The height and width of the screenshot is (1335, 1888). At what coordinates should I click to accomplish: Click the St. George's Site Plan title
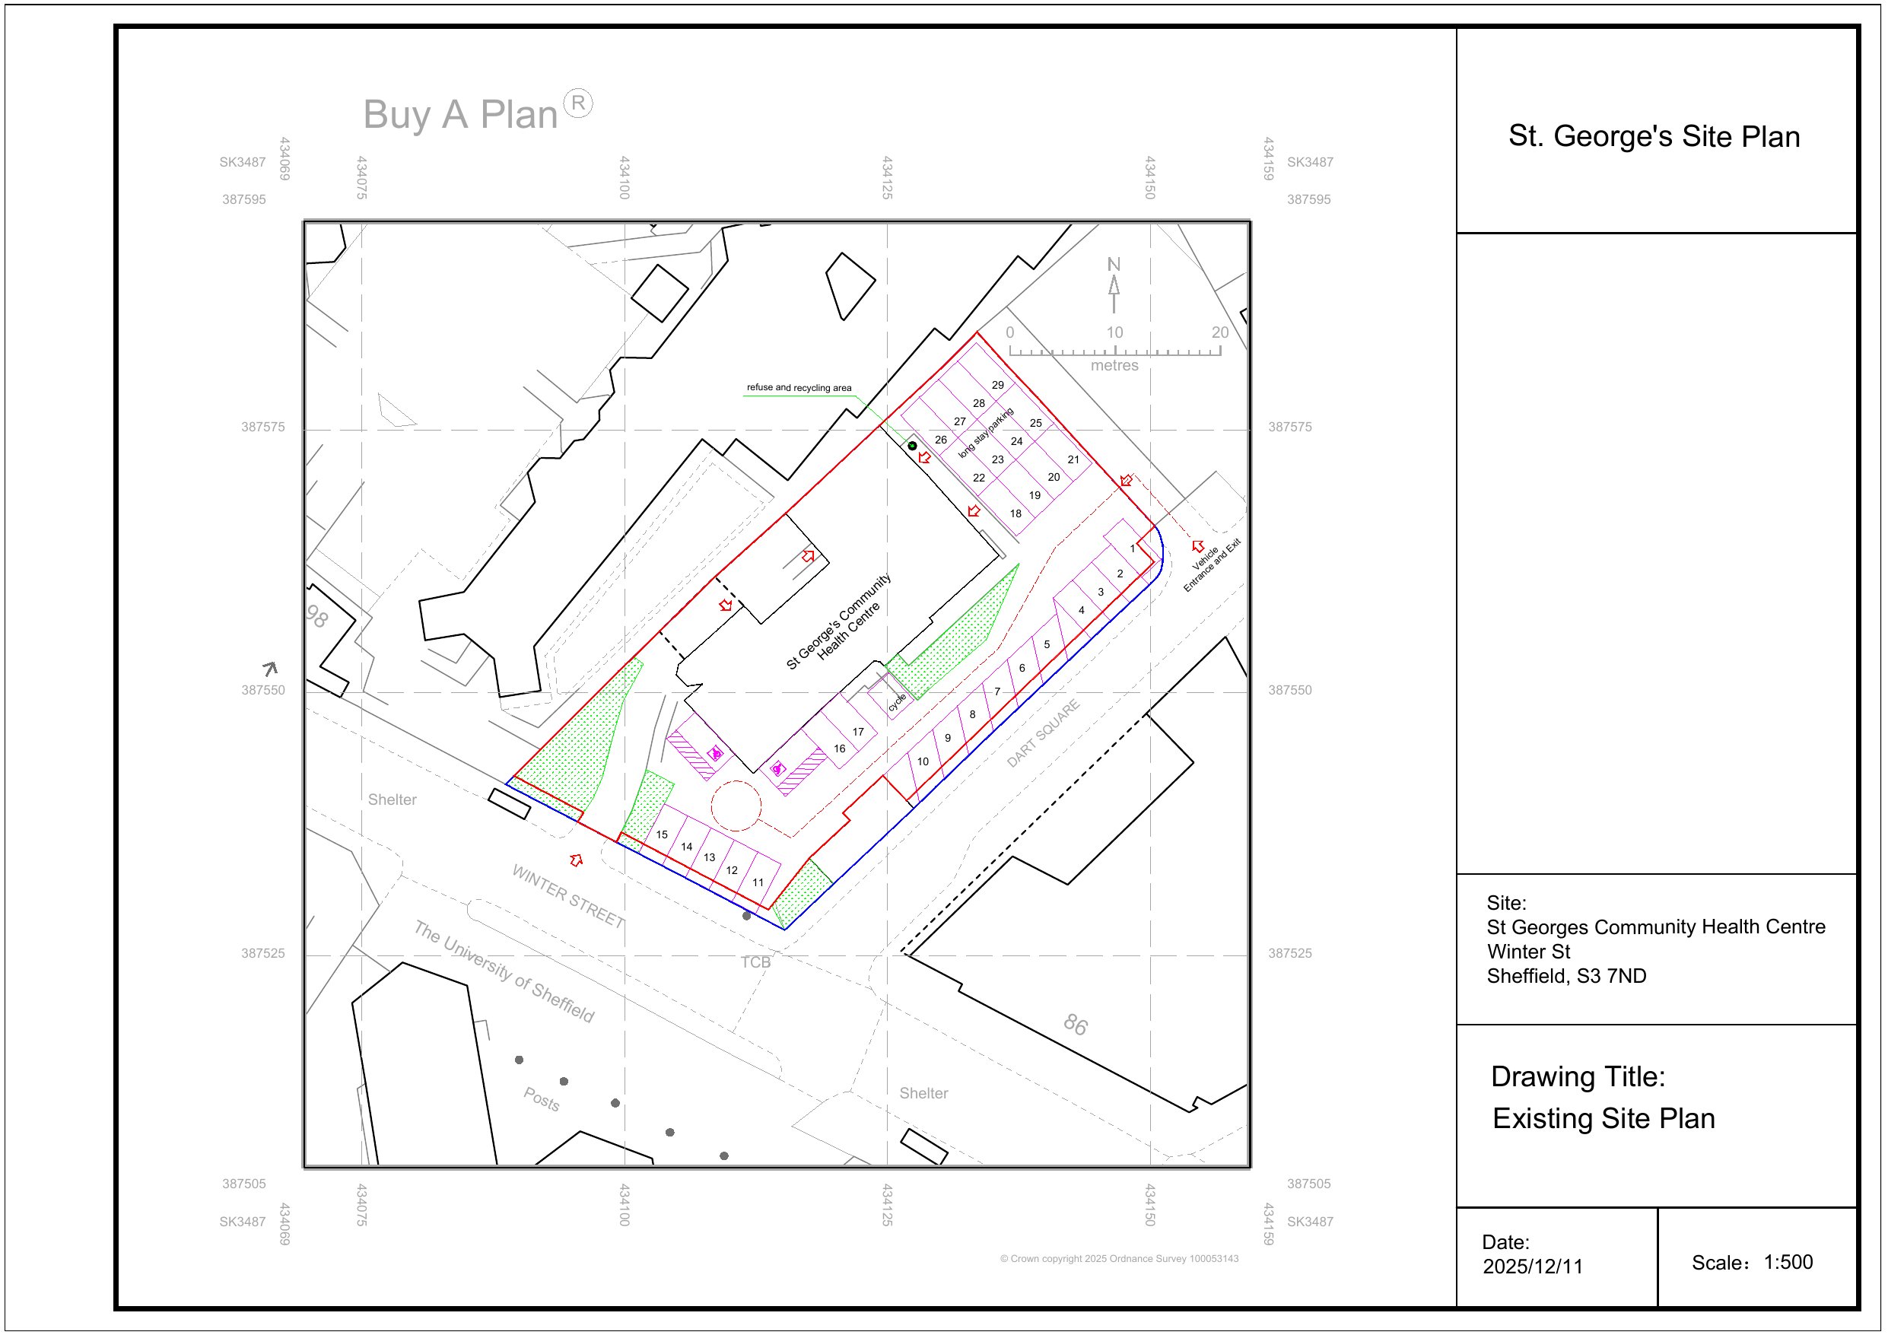tap(1653, 137)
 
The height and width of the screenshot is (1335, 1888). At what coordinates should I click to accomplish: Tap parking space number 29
tap(997, 385)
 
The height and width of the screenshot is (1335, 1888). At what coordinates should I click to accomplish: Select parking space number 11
tap(758, 882)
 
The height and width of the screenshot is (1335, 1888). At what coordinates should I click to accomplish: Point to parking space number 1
tap(1133, 548)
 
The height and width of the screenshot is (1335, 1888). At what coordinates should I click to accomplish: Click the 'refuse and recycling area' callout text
tap(799, 387)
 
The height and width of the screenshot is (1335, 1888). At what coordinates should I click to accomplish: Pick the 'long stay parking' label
tap(986, 433)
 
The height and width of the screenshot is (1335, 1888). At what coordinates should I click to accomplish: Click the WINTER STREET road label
tap(567, 896)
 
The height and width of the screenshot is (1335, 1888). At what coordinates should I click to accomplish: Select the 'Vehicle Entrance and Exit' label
tap(1211, 566)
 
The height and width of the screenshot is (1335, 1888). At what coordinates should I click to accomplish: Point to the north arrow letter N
tap(1114, 265)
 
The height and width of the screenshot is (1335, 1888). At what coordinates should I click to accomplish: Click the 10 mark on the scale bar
tap(1114, 333)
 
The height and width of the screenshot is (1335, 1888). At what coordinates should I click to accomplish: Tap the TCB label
tap(755, 962)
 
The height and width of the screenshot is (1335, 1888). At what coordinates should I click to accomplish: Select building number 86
tap(1075, 1024)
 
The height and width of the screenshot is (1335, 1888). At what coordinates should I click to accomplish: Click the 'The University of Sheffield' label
tap(504, 971)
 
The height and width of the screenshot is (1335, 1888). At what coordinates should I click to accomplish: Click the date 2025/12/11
tap(1532, 1267)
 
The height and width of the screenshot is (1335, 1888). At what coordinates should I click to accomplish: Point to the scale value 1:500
tap(1788, 1263)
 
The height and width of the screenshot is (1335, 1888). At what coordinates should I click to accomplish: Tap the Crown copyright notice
tap(1118, 1258)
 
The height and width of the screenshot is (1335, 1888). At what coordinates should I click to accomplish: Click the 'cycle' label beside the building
tap(896, 701)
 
